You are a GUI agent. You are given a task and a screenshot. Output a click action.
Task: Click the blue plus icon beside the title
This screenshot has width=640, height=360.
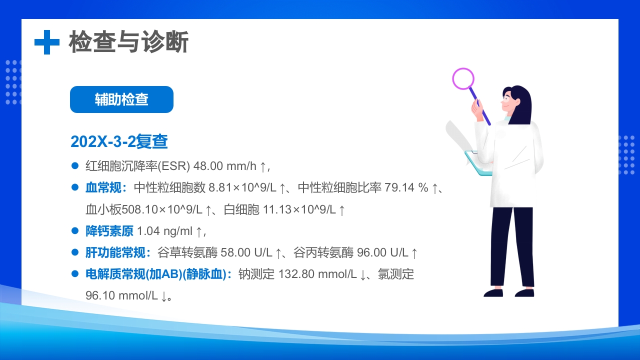click(x=46, y=42)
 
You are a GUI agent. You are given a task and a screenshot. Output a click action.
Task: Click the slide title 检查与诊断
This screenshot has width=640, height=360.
click(x=128, y=42)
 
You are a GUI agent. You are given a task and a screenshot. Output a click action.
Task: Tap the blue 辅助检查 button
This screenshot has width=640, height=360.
click(x=121, y=99)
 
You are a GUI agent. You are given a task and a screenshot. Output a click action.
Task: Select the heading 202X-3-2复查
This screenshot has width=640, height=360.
click(x=119, y=141)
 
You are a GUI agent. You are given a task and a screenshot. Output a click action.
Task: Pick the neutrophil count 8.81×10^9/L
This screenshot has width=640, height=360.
click(x=242, y=188)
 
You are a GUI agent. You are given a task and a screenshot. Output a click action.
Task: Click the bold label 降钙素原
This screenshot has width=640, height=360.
click(x=109, y=231)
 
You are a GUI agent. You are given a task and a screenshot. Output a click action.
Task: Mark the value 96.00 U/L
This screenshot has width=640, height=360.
click(x=382, y=252)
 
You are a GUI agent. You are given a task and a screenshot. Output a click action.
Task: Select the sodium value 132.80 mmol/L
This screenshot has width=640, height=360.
click(x=317, y=274)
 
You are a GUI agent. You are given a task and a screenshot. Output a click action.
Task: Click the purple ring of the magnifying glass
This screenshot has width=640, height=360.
click(x=463, y=78)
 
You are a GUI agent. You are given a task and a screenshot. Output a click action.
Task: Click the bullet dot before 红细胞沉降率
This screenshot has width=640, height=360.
click(x=75, y=165)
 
